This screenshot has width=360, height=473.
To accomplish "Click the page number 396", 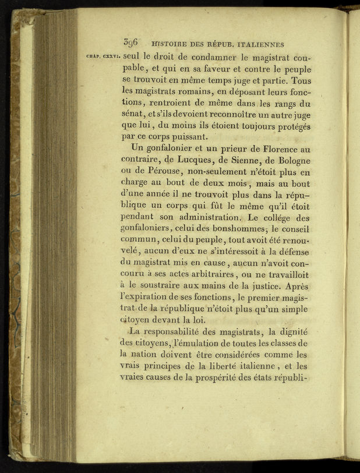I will point(130,43).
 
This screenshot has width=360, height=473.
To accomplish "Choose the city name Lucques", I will point(200,160).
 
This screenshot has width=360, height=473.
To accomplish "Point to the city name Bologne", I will point(290,160).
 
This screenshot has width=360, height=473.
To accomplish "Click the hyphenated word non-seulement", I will point(216,173).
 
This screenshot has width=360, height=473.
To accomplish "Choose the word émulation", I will point(198,344).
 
